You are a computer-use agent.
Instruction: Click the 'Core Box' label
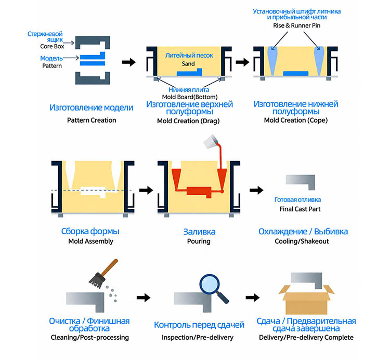point(52,46)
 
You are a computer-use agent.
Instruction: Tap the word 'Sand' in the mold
point(188,64)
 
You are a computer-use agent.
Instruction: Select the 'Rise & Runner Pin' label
point(296,25)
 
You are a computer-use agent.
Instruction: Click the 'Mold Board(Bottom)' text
point(189,97)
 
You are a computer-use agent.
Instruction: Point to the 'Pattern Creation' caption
point(92,120)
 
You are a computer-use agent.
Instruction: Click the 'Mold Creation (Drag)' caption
point(188,121)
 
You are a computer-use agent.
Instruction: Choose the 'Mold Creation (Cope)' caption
point(296,120)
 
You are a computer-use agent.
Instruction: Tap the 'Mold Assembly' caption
point(91,241)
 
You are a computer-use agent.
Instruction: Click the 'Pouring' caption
point(199,241)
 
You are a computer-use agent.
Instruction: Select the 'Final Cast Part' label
point(300,209)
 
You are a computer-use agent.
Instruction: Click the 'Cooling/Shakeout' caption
point(302,241)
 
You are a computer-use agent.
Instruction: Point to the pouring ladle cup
point(211,142)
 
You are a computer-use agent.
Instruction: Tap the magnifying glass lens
point(210,284)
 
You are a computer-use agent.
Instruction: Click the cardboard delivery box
point(306,300)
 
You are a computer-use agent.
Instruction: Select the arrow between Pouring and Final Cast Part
point(256,190)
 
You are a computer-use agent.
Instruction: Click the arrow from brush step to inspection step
point(144,297)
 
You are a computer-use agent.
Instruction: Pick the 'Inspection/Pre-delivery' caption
point(198,337)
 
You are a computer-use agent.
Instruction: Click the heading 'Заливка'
point(200,232)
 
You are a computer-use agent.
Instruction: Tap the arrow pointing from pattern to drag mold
point(128,62)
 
